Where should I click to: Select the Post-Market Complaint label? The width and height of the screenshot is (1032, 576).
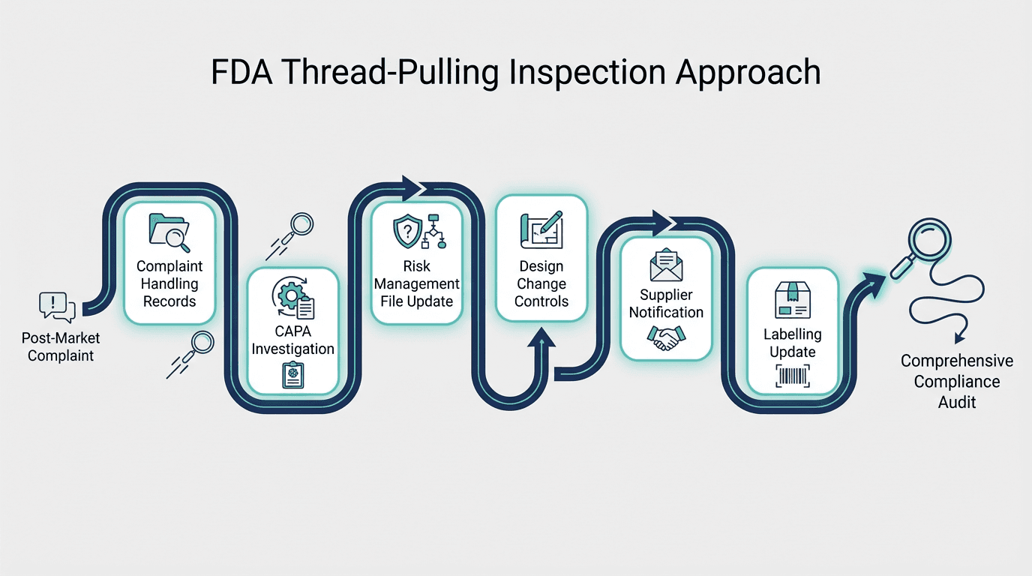61,346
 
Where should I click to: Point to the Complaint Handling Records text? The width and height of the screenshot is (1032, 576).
169,283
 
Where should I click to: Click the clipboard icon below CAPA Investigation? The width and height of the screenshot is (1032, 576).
292,374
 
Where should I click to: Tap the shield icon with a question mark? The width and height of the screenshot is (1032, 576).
407,231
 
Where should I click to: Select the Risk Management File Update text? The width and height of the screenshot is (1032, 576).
417,283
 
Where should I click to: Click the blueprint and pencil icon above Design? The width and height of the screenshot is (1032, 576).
541,229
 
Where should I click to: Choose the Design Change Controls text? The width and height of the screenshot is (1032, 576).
541,283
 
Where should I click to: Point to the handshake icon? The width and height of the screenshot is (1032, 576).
666,338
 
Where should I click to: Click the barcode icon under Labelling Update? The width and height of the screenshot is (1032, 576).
793,375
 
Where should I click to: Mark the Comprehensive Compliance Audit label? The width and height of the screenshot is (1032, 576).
957,381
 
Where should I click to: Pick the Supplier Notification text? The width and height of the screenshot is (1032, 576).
666,303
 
